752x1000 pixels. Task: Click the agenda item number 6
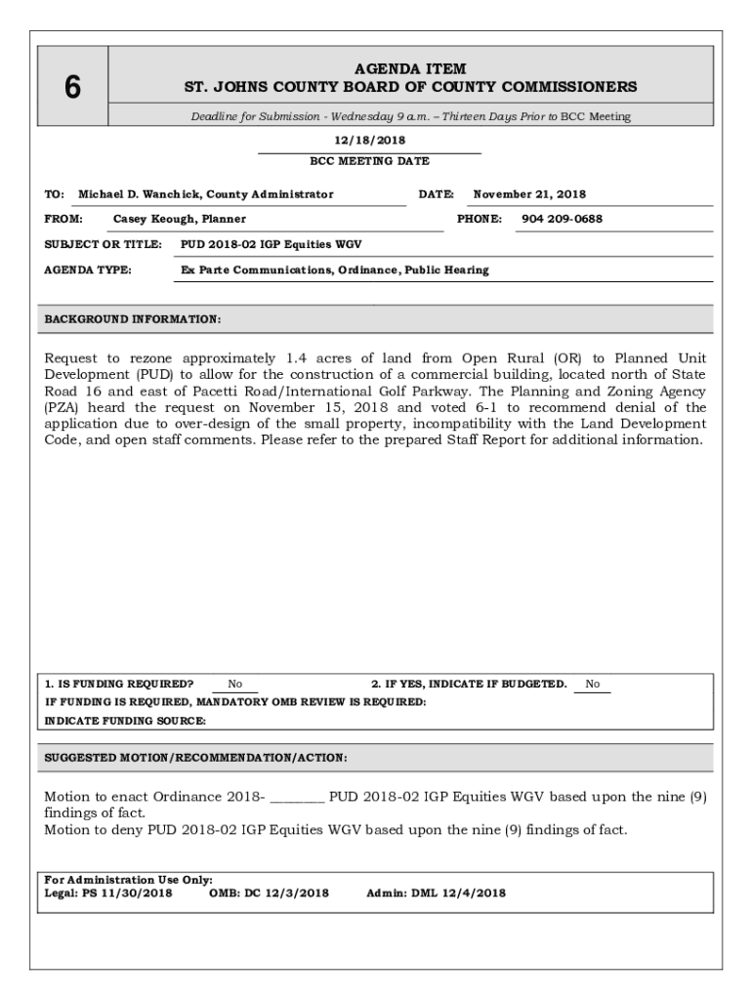[x=72, y=88]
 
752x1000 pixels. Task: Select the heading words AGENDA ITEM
[x=410, y=69]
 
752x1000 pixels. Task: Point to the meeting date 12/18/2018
[x=368, y=141]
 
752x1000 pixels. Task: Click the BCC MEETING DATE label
[x=369, y=161]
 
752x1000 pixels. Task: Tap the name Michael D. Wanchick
[x=138, y=194]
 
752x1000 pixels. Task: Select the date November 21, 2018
[x=529, y=194]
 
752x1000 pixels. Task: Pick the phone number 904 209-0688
[x=562, y=219]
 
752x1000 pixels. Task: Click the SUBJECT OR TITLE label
[x=103, y=244]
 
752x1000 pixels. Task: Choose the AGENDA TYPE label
[x=88, y=270]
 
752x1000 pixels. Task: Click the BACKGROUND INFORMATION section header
[x=133, y=319]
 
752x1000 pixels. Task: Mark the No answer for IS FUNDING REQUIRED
[x=235, y=684]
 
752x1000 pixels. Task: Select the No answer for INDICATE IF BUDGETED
[x=593, y=684]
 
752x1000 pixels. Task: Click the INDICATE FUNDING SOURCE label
[x=125, y=721]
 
